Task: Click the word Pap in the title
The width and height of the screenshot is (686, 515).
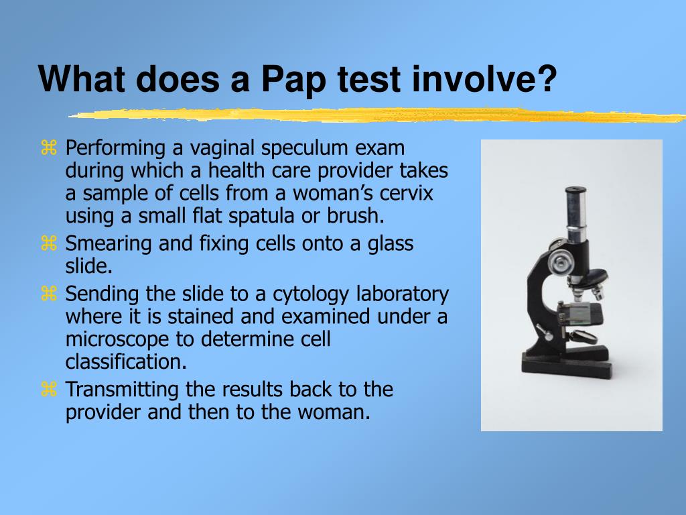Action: [293, 80]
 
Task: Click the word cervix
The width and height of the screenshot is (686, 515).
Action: [406, 193]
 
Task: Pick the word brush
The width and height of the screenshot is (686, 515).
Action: [355, 215]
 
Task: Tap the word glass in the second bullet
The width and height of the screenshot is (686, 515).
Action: [391, 244]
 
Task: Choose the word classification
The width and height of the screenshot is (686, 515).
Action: [126, 361]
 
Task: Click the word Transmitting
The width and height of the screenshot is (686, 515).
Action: [122, 390]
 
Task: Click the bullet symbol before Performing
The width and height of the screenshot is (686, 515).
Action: [48, 148]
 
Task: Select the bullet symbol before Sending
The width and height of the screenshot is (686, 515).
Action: [48, 294]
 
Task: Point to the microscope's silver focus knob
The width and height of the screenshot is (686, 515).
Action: [559, 262]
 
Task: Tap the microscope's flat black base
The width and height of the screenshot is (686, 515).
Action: [566, 368]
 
